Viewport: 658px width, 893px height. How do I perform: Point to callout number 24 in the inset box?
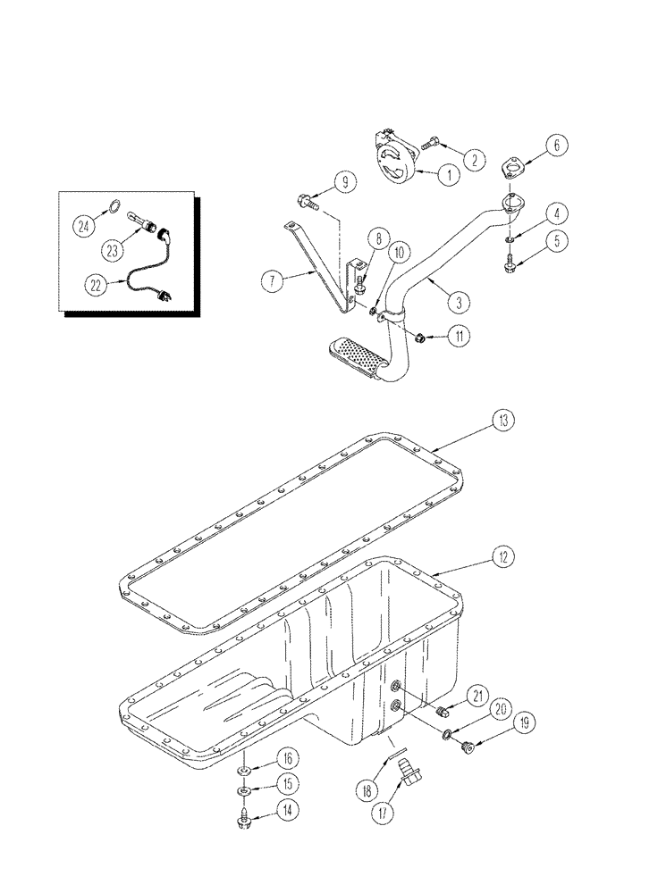click(83, 226)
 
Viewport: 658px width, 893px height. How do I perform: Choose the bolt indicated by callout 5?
click(508, 260)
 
